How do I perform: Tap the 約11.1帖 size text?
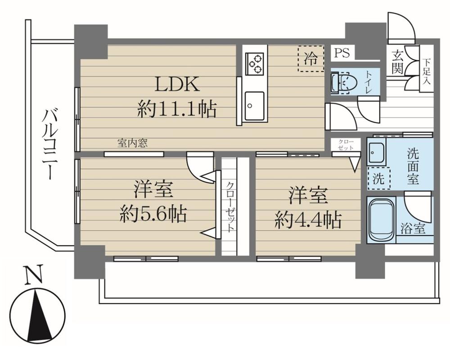coord(177,109)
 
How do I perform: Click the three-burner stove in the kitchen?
coord(255,63)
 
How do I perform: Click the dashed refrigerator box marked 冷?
coord(310,58)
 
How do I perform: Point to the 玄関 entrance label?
coord(396,63)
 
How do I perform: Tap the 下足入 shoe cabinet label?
coord(426,71)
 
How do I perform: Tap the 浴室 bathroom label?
coord(413,229)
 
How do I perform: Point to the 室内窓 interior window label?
coord(133,144)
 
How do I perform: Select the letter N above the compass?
coord(30,275)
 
